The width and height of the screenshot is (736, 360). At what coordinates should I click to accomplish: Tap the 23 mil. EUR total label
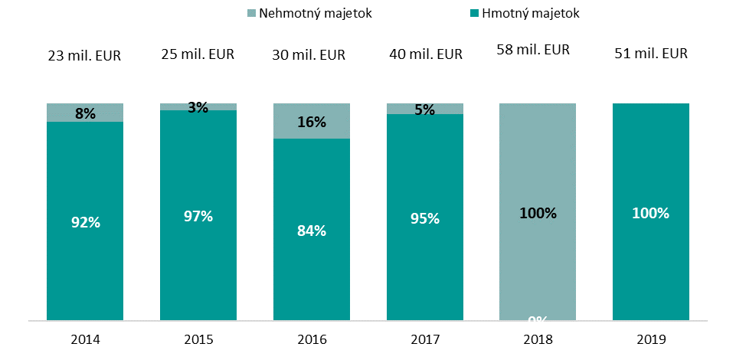pos(85,55)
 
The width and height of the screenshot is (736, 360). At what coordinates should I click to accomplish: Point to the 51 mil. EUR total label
pos(651,54)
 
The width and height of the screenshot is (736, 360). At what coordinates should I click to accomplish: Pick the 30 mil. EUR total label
pos(311,55)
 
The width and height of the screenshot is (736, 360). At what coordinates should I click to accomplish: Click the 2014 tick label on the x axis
pos(85,337)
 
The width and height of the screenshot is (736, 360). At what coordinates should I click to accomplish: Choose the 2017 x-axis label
pos(424,337)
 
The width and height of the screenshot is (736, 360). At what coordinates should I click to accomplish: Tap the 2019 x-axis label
pos(651,337)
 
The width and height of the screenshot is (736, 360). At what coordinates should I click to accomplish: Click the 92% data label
pos(85,223)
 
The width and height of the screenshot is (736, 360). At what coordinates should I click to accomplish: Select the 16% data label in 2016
pos(312,122)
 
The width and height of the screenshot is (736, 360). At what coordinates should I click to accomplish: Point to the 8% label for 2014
pos(85,114)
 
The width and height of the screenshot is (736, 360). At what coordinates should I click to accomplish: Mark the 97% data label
pos(198,216)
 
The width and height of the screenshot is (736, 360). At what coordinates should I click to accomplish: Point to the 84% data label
pos(312,230)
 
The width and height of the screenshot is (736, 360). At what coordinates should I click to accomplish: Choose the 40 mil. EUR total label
pos(424,54)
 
